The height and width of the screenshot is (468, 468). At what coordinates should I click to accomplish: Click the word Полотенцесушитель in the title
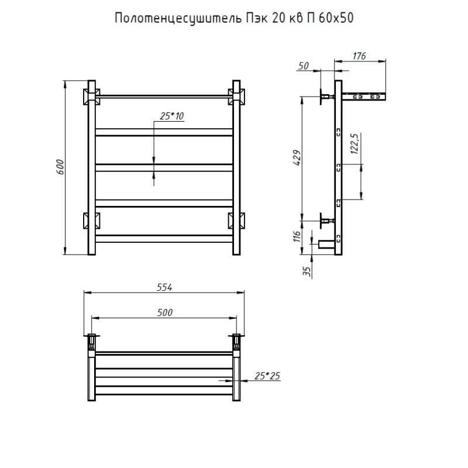pyautogui.click(x=178, y=19)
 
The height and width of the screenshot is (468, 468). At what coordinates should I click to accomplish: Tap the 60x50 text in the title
pyautogui.click(x=336, y=18)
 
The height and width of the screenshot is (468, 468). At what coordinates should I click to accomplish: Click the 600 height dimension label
pyautogui.click(x=60, y=167)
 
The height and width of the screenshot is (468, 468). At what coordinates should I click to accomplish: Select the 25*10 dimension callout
pyautogui.click(x=171, y=116)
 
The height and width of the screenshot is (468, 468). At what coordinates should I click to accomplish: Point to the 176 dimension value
pyautogui.click(x=359, y=56)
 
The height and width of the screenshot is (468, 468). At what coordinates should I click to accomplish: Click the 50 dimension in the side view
pyautogui.click(x=303, y=66)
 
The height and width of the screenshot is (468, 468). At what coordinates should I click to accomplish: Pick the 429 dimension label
pyautogui.click(x=297, y=157)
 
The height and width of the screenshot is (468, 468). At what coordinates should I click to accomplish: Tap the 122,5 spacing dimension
pyautogui.click(x=355, y=143)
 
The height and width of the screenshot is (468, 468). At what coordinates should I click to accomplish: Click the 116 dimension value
pyautogui.click(x=297, y=236)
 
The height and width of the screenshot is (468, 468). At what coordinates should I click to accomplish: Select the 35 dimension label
pyautogui.click(x=307, y=271)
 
